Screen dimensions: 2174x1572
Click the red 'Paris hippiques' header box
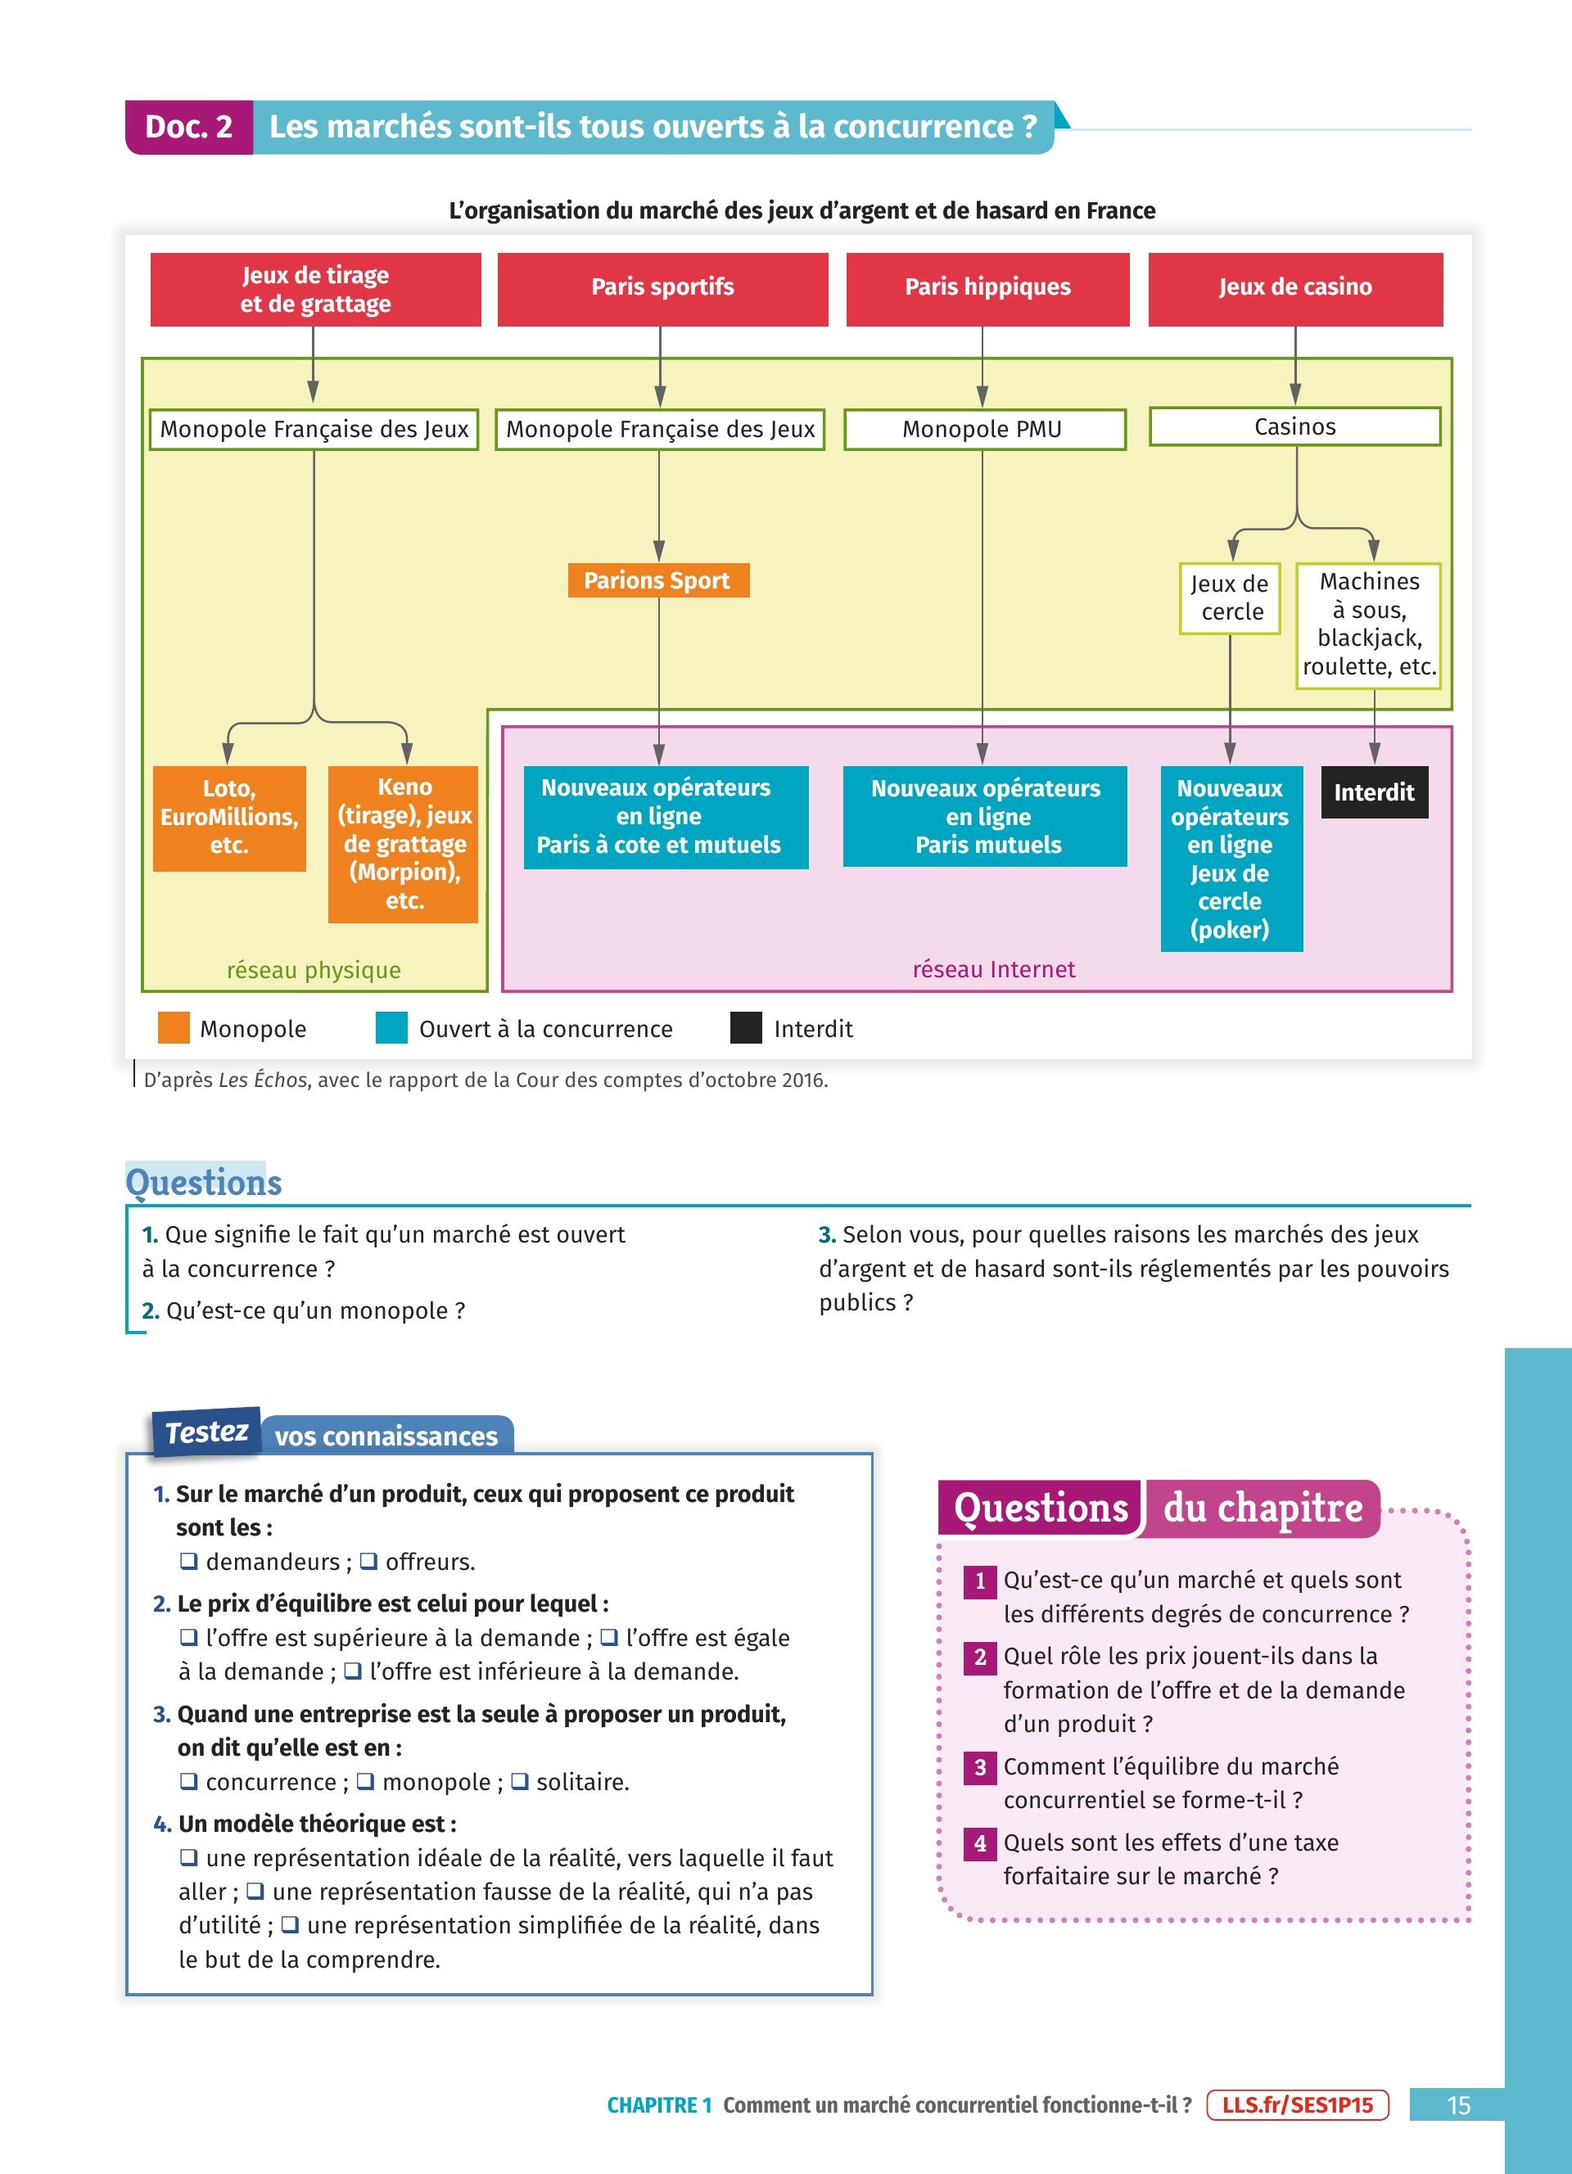click(x=987, y=288)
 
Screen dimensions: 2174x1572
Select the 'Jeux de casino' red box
click(x=1295, y=288)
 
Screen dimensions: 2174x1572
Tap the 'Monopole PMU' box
click(x=983, y=430)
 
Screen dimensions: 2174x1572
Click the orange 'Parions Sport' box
click(x=657, y=581)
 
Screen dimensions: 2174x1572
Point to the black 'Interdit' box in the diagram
click(x=1374, y=792)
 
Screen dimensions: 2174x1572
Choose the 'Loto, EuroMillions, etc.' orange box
click(x=229, y=818)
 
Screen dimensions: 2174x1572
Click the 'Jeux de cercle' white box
click(x=1230, y=598)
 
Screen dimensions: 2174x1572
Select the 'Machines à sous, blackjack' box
click(x=1369, y=625)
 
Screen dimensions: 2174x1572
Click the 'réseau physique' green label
click(x=314, y=970)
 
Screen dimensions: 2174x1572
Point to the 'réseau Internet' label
click(x=993, y=969)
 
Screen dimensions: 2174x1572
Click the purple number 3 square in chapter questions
click(x=979, y=1766)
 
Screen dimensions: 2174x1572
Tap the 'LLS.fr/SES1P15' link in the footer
click(x=1297, y=2105)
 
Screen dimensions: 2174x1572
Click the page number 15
click(x=1458, y=2105)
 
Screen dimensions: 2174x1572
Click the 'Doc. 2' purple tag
click(x=189, y=128)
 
